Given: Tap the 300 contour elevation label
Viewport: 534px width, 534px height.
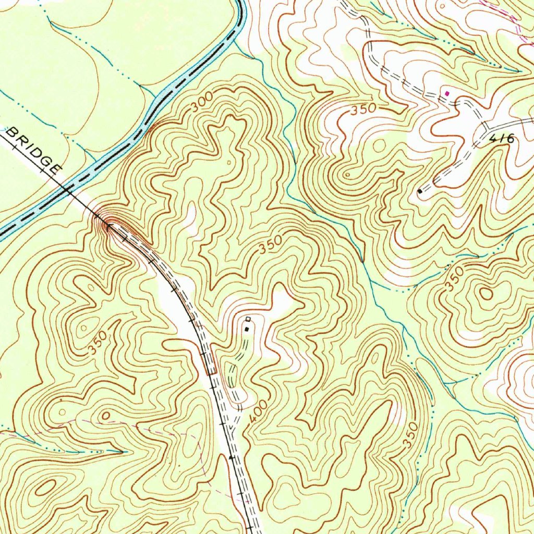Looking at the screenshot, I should tap(201, 102).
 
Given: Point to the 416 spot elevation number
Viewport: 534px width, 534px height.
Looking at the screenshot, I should tap(502, 139).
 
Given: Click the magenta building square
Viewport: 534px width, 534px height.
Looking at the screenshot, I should tap(447, 93).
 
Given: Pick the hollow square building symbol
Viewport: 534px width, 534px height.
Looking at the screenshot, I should tap(248, 319).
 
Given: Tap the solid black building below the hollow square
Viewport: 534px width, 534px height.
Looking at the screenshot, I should tap(246, 329).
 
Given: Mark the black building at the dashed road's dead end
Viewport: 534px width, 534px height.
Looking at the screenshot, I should tap(420, 191).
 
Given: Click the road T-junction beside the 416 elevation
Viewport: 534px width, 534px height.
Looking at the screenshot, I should tap(484, 126).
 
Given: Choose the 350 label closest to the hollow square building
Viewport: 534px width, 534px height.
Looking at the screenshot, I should tap(271, 244).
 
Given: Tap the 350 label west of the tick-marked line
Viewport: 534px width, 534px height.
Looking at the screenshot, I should tap(98, 343).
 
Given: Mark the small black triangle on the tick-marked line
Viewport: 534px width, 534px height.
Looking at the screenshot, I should tap(232, 457).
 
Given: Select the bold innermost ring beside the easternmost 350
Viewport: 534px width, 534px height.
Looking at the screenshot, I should tap(486, 293).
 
